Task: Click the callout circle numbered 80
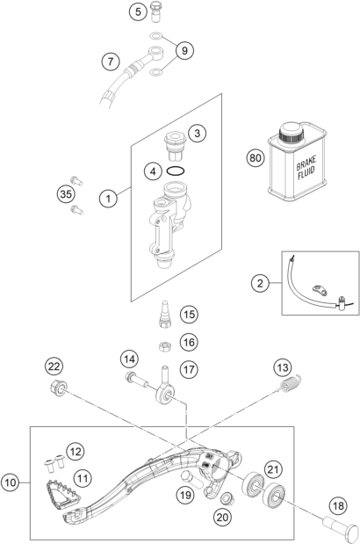256,158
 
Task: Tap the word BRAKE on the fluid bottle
306,163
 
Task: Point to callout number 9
184,51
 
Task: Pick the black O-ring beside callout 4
176,171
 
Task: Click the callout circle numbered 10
11,482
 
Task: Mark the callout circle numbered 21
273,470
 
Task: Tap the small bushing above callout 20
227,498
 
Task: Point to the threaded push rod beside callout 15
165,314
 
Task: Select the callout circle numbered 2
260,284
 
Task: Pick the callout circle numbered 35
66,194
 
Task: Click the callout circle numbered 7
111,62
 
